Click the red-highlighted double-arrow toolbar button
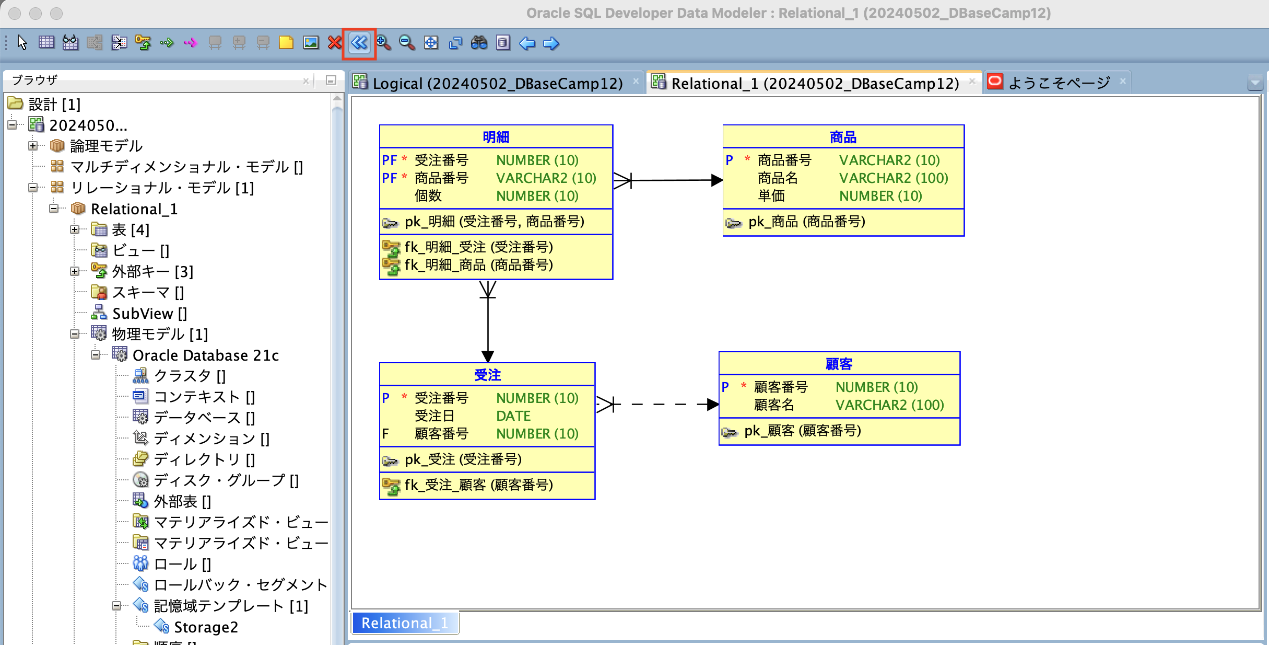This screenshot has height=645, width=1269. pyautogui.click(x=359, y=43)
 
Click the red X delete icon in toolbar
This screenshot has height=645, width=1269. pyautogui.click(x=334, y=43)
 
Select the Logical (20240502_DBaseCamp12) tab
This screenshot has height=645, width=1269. pyautogui.click(x=497, y=83)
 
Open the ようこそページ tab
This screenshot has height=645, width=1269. pyautogui.click(x=1059, y=83)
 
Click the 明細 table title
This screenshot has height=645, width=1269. pyautogui.click(x=496, y=137)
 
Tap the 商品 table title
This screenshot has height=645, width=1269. pyautogui.click(x=843, y=137)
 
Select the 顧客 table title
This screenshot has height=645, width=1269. pyautogui.click(x=839, y=364)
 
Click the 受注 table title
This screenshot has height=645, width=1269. pyautogui.click(x=487, y=375)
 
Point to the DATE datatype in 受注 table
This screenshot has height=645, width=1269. pyautogui.click(x=513, y=416)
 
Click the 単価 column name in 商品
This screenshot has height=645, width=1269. pyautogui.click(x=771, y=196)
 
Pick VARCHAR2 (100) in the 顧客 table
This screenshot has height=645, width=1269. pyautogui.click(x=889, y=405)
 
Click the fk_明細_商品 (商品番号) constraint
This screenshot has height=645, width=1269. pyautogui.click(x=478, y=265)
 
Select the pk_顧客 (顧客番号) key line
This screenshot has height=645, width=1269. pyautogui.click(x=802, y=431)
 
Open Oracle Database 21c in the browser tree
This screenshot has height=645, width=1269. pyautogui.click(x=205, y=355)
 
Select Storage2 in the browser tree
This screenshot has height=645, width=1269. pyautogui.click(x=206, y=627)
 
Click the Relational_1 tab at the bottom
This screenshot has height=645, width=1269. pyautogui.click(x=404, y=623)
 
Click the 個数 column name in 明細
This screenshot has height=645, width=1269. pyautogui.click(x=428, y=196)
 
